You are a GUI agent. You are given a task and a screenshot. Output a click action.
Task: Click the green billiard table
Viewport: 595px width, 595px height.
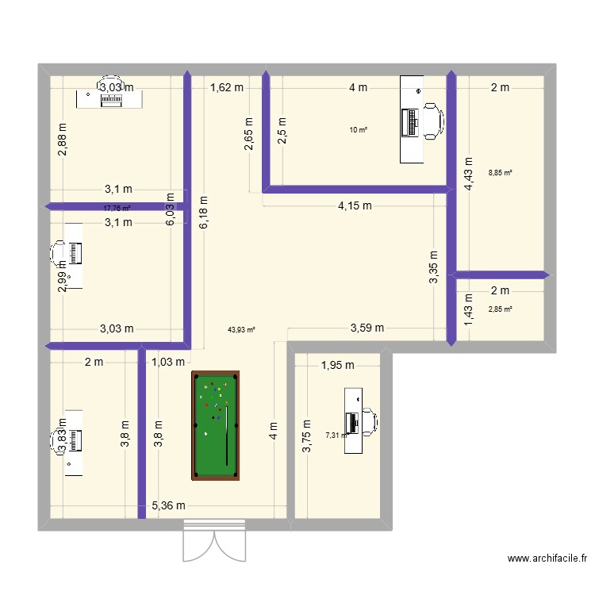pyautogui.click(x=215, y=426)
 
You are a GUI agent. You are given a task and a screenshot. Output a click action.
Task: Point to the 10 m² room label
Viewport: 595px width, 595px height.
pyautogui.click(x=359, y=130)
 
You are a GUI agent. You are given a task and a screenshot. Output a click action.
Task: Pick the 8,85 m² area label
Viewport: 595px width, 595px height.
pyautogui.click(x=500, y=173)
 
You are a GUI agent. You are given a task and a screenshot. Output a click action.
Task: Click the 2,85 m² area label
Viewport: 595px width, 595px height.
pyautogui.click(x=500, y=309)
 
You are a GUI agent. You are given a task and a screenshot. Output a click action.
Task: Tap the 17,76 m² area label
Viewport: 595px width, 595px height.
pyautogui.click(x=117, y=209)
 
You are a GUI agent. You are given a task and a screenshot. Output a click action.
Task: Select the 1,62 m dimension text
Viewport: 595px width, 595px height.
pyautogui.click(x=226, y=88)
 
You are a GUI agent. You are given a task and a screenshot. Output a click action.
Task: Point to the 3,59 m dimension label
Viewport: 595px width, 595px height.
pyautogui.click(x=367, y=328)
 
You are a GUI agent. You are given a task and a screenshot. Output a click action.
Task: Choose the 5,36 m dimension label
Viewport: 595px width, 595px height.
pyautogui.click(x=168, y=506)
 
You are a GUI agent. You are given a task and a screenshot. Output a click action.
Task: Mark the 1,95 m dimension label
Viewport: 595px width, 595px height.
pyautogui.click(x=338, y=365)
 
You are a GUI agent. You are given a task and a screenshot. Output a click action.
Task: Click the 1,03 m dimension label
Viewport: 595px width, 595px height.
pyautogui.click(x=167, y=363)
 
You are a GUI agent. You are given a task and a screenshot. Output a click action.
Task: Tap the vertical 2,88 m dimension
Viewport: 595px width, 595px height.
pyautogui.click(x=63, y=140)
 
